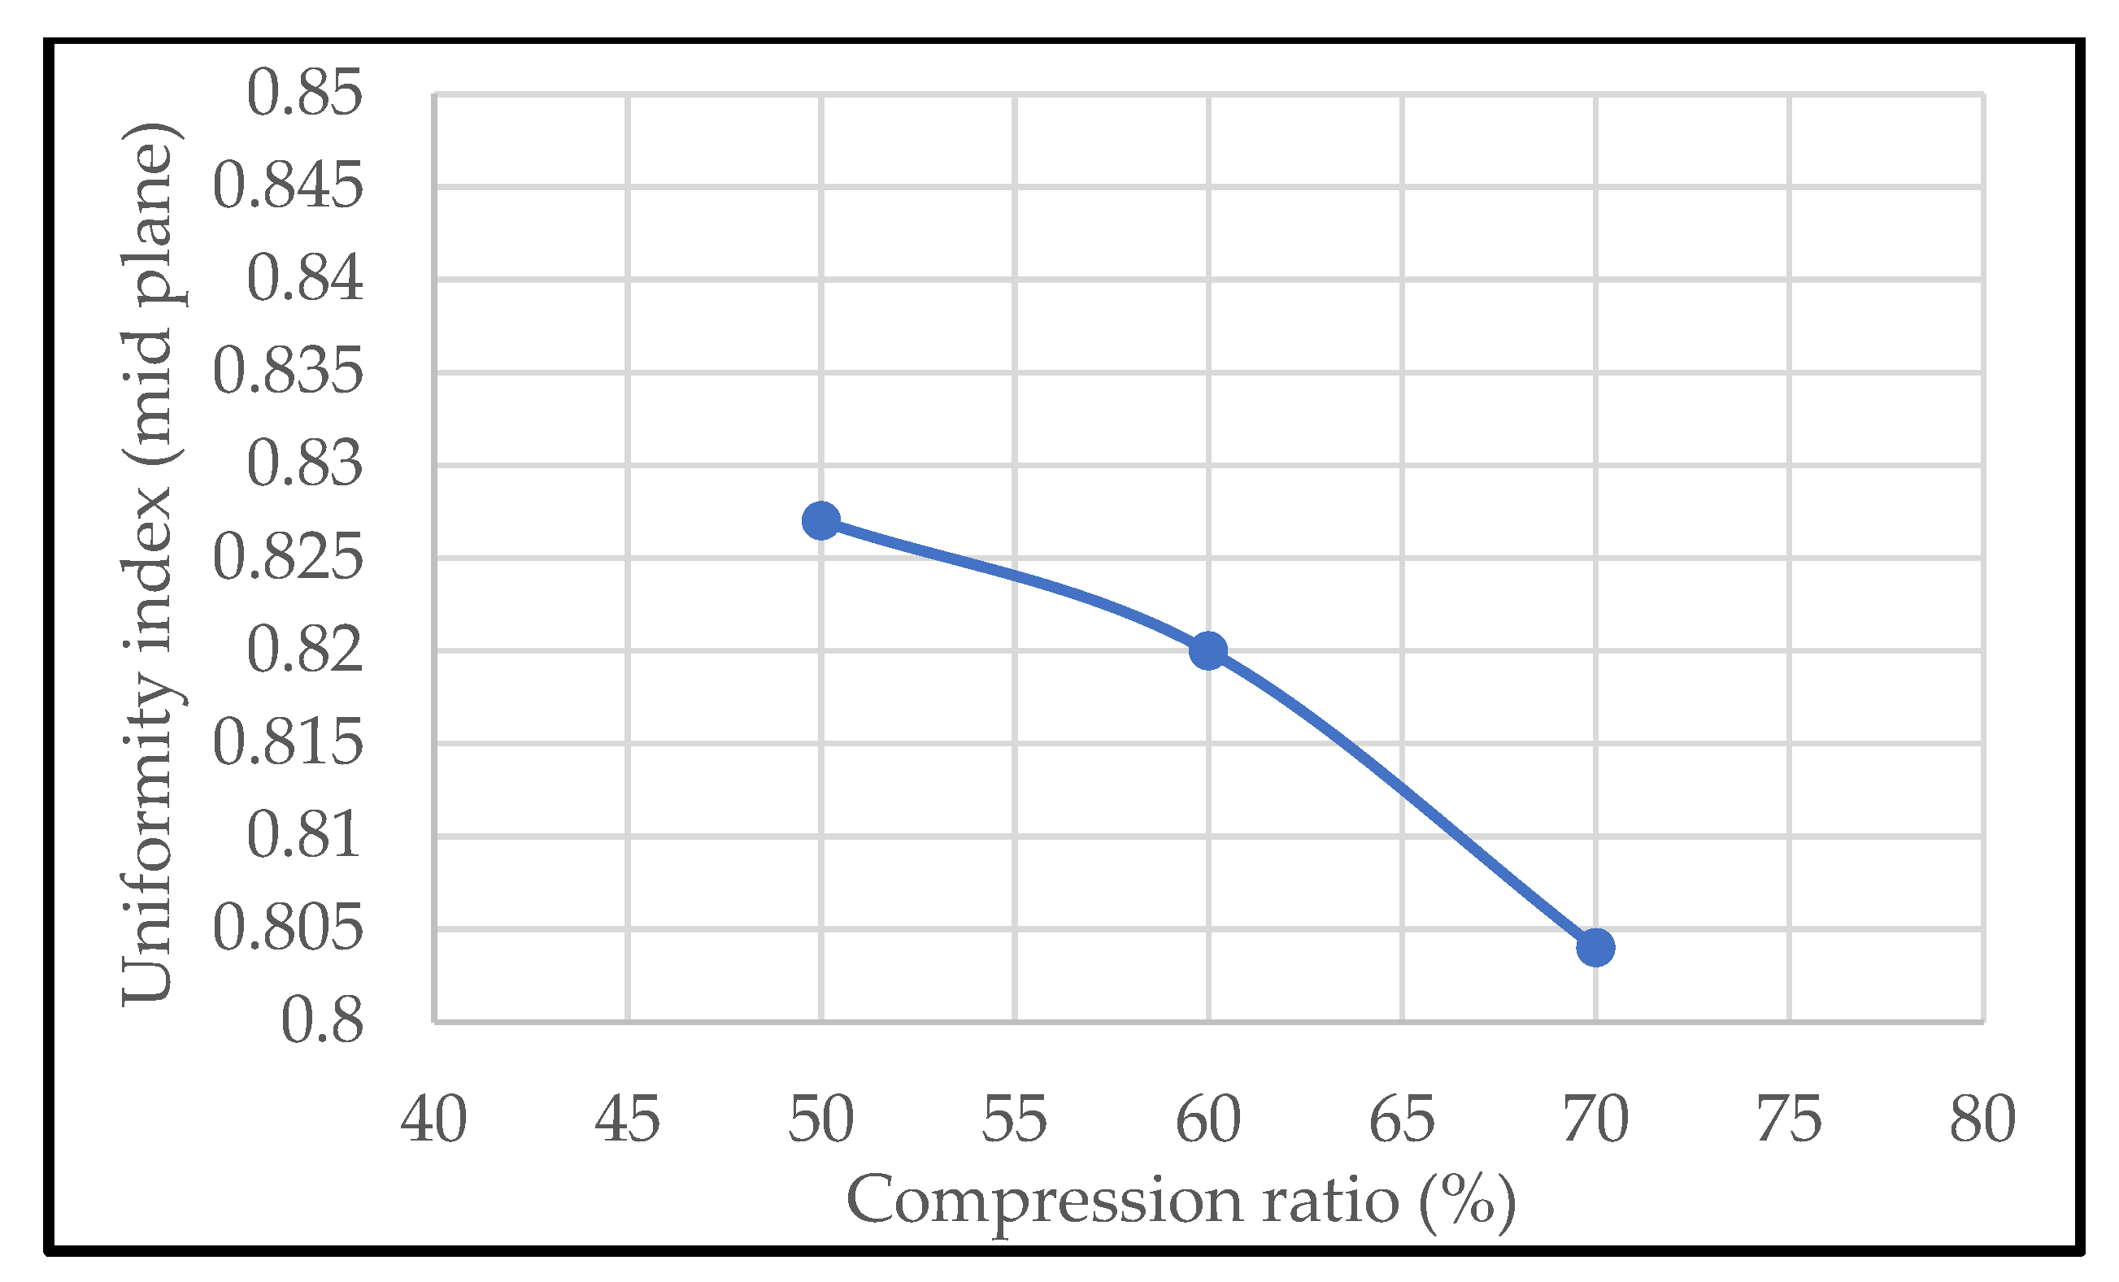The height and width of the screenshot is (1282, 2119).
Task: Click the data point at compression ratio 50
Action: click(x=820, y=521)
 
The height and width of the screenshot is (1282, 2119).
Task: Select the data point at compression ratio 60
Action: click(x=1207, y=651)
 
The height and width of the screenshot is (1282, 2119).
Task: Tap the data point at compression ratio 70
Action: click(x=1595, y=948)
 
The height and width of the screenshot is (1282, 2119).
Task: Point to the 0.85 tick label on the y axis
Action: click(x=304, y=93)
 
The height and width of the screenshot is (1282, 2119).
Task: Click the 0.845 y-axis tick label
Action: click(x=287, y=185)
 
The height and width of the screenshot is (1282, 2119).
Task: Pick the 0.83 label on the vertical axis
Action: click(x=304, y=464)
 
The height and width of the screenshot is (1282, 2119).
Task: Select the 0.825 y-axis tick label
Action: click(x=287, y=557)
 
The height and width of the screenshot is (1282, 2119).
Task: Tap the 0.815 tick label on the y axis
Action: click(x=287, y=743)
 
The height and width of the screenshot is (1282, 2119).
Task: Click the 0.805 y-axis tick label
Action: click(x=287, y=928)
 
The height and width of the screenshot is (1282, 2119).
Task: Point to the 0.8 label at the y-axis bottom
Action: click(x=322, y=1022)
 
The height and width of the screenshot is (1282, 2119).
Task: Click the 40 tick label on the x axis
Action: click(x=433, y=1120)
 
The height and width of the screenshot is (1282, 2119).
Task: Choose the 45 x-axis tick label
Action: click(x=627, y=1120)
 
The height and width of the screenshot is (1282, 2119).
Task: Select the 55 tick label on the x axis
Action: click(x=1014, y=1120)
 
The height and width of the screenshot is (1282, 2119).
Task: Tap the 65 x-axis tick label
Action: click(x=1402, y=1120)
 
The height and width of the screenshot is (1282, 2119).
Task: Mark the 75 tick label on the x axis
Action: click(x=1789, y=1120)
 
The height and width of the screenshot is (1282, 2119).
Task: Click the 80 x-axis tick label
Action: click(x=1982, y=1120)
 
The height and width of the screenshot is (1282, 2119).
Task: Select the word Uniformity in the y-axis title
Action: click(x=148, y=838)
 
